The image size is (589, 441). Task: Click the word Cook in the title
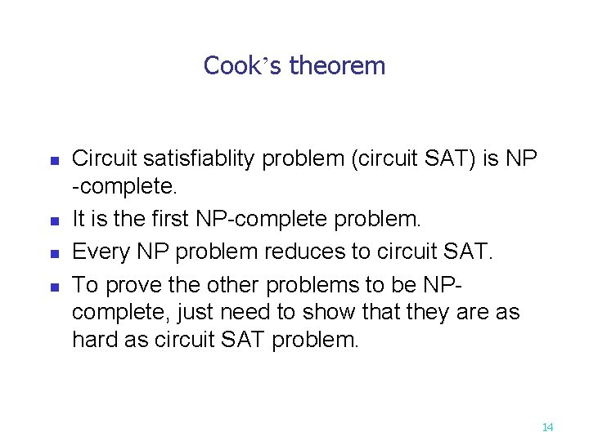pos(232,65)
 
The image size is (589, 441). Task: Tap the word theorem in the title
pos(337,65)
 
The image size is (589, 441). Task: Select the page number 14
pos(547,427)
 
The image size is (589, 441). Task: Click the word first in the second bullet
pos(169,219)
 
